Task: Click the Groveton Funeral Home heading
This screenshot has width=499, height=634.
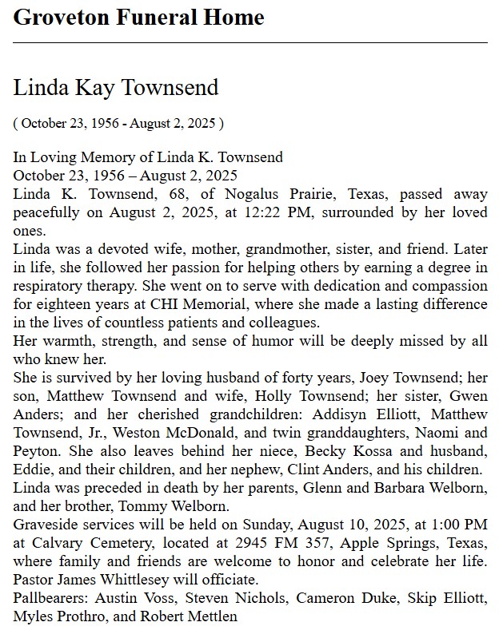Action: [138, 17]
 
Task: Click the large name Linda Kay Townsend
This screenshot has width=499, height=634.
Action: [116, 87]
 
